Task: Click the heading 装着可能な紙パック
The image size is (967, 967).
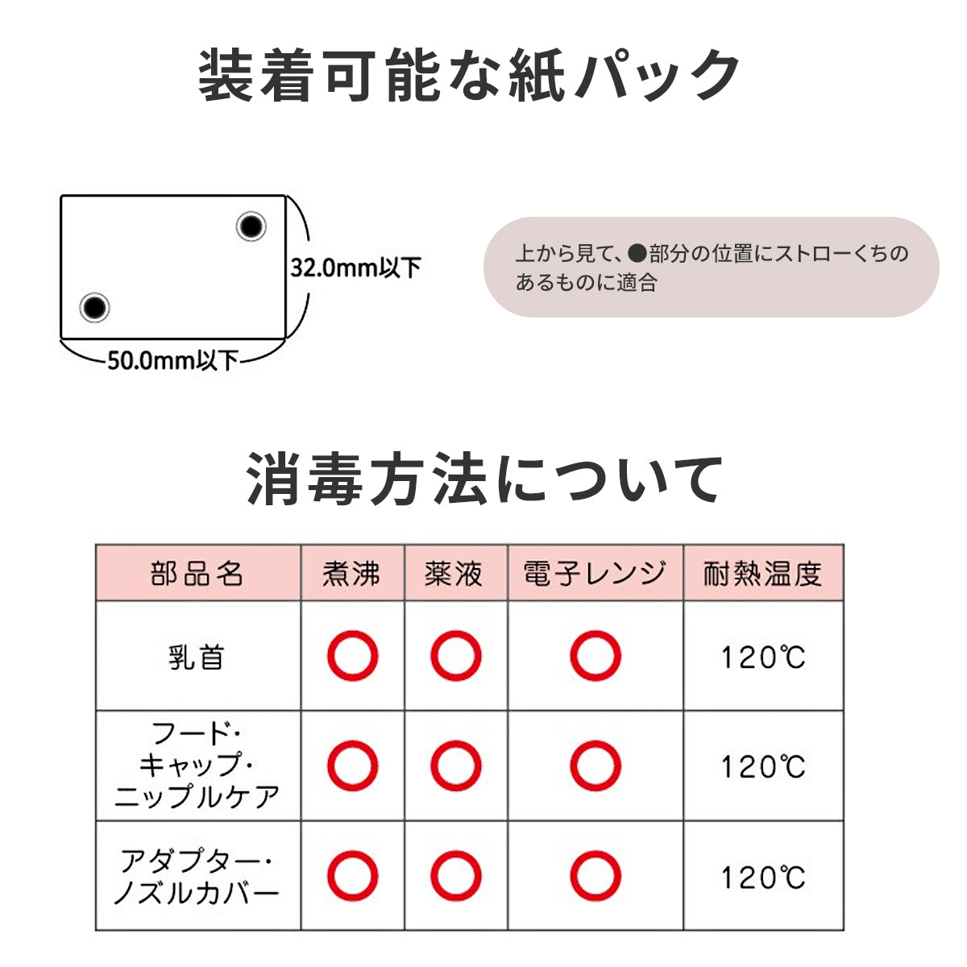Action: click(469, 75)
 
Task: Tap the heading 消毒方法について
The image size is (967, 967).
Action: click(484, 479)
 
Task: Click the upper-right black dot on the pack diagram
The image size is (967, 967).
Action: click(251, 226)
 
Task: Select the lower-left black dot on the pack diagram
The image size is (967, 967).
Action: click(94, 307)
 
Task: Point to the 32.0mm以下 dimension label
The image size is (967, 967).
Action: click(355, 267)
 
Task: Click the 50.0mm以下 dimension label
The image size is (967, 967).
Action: click(172, 359)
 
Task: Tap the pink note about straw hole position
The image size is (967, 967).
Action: click(711, 267)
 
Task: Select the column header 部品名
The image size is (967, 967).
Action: click(197, 574)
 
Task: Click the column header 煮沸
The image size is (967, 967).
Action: click(351, 574)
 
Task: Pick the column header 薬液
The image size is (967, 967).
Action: click(454, 574)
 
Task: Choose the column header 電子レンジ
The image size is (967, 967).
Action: click(595, 574)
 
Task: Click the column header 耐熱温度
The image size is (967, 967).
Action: click(762, 574)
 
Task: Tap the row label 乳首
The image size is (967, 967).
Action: click(197, 657)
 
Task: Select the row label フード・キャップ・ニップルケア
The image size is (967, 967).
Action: click(197, 766)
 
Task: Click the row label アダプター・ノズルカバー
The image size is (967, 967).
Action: click(197, 876)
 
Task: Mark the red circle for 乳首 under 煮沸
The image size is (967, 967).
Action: click(352, 656)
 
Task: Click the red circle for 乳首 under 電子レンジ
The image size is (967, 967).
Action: click(596, 656)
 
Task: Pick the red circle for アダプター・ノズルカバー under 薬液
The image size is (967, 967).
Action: click(455, 876)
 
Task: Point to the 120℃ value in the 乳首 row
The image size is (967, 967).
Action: click(762, 658)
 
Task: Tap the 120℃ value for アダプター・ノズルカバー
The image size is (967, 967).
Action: click(762, 877)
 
